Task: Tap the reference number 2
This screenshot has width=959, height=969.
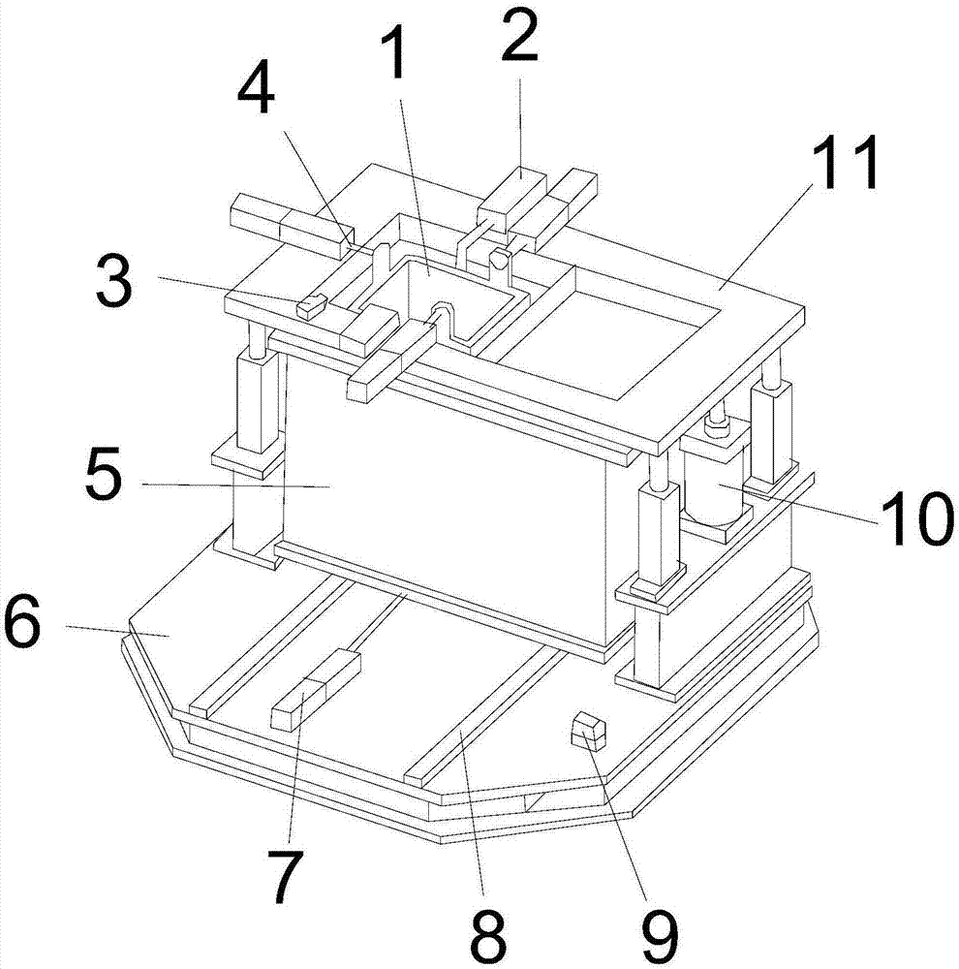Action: pos(519,36)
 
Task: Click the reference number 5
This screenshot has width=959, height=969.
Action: pos(104,474)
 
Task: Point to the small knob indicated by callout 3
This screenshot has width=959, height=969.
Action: pos(310,306)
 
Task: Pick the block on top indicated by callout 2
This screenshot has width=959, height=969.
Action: pos(511,197)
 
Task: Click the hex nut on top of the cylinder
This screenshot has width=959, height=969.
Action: pos(718,425)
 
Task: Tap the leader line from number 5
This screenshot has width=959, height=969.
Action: pos(235,485)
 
